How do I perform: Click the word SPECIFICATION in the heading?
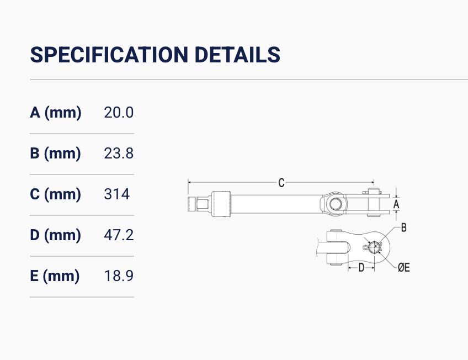109,55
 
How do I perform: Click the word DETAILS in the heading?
237,55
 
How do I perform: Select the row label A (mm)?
56,113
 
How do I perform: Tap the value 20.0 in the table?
119,113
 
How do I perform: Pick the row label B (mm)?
55,153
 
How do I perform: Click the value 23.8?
119,153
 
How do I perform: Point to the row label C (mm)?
55,194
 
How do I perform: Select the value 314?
116,194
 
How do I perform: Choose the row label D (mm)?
55,235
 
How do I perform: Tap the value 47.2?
119,235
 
